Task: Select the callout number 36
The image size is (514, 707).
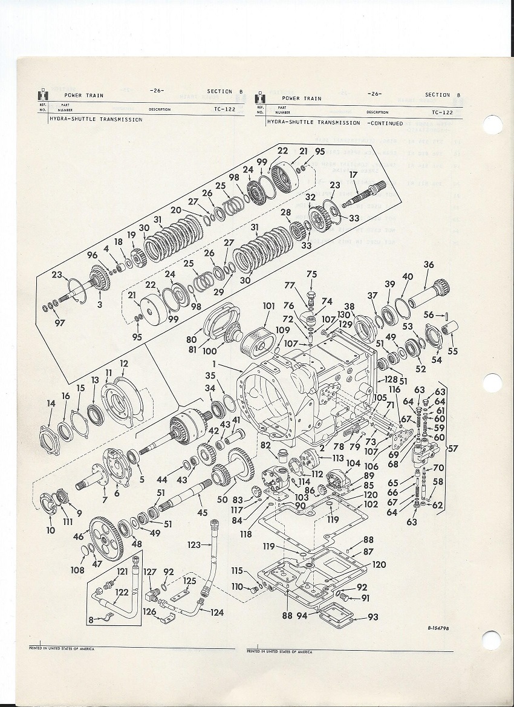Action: click(429, 265)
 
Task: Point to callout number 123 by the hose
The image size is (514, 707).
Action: click(194, 545)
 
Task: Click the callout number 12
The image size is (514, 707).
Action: click(124, 363)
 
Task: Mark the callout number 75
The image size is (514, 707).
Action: click(311, 274)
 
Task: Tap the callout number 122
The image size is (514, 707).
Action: click(122, 593)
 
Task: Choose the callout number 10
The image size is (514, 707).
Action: click(50, 530)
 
